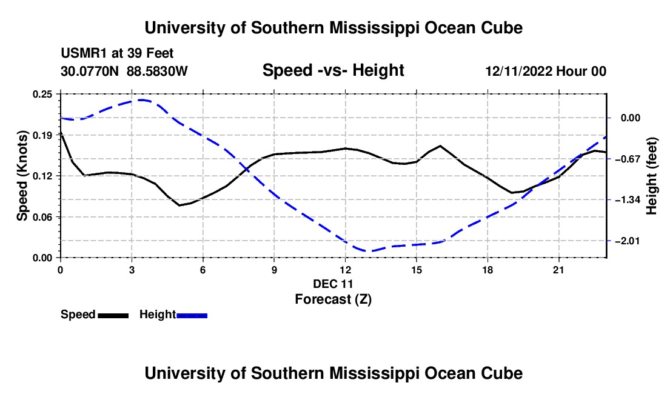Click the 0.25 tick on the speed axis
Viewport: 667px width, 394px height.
[x=42, y=94]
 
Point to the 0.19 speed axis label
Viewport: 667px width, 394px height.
[x=42, y=135]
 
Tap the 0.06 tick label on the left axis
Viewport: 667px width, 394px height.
[x=42, y=217]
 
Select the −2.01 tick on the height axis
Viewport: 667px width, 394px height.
[x=628, y=241]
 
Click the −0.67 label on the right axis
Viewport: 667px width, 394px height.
[x=628, y=159]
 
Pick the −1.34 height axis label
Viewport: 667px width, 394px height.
[x=628, y=200]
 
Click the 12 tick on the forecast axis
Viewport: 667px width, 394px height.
[x=346, y=270]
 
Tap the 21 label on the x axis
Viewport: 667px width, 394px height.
[x=558, y=270]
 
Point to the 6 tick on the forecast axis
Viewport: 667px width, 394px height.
[x=203, y=270]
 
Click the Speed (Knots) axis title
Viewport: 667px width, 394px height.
[x=22, y=176]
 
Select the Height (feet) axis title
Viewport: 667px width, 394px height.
[x=652, y=176]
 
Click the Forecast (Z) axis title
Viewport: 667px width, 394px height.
[x=333, y=299]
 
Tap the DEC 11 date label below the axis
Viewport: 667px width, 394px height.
[x=333, y=284]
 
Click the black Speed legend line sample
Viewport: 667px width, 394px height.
[x=113, y=315]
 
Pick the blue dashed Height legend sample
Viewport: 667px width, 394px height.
[x=192, y=315]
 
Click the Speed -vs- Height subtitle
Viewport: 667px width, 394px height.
[x=333, y=70]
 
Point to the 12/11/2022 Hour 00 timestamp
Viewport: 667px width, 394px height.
[x=546, y=71]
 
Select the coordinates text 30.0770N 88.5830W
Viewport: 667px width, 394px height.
[x=124, y=71]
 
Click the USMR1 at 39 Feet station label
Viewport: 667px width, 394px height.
[x=117, y=53]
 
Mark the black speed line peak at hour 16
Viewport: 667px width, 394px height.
[x=440, y=146]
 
